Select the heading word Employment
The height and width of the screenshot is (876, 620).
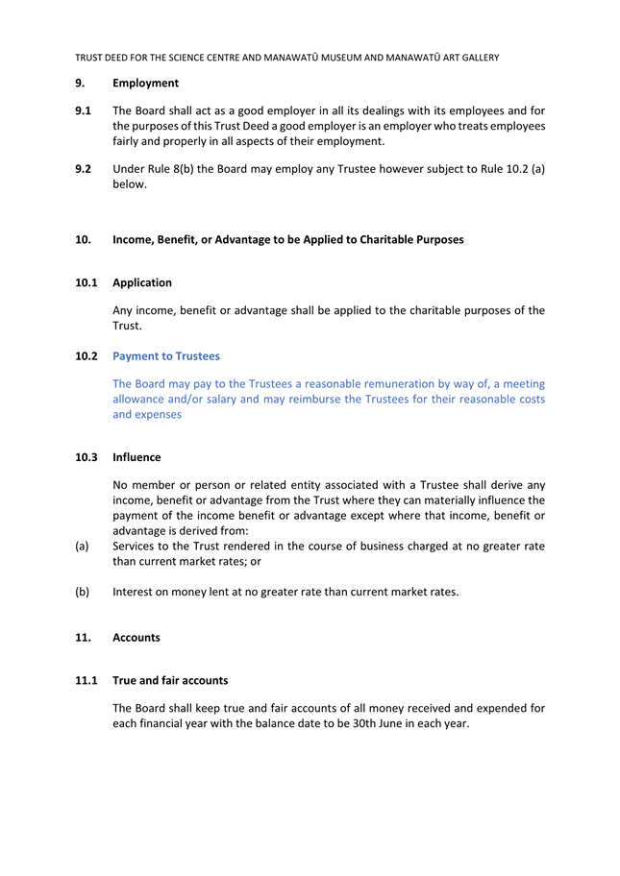coord(145,84)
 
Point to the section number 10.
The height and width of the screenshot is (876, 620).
coord(83,239)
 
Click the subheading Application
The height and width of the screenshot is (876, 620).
coord(142,282)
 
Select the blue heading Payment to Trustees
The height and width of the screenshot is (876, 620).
coord(165,356)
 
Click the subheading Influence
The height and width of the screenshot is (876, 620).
coord(136,457)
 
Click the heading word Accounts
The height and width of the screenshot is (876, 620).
coord(136,638)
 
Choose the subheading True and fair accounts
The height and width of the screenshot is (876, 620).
coord(170,680)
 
